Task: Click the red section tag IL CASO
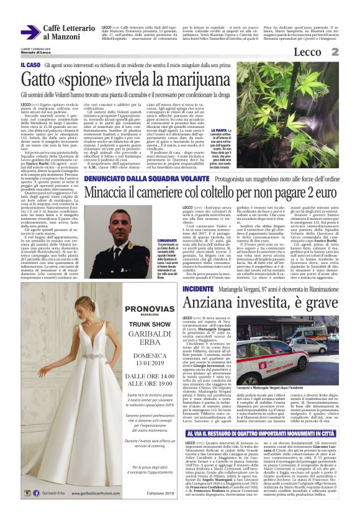tap(31, 65)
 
